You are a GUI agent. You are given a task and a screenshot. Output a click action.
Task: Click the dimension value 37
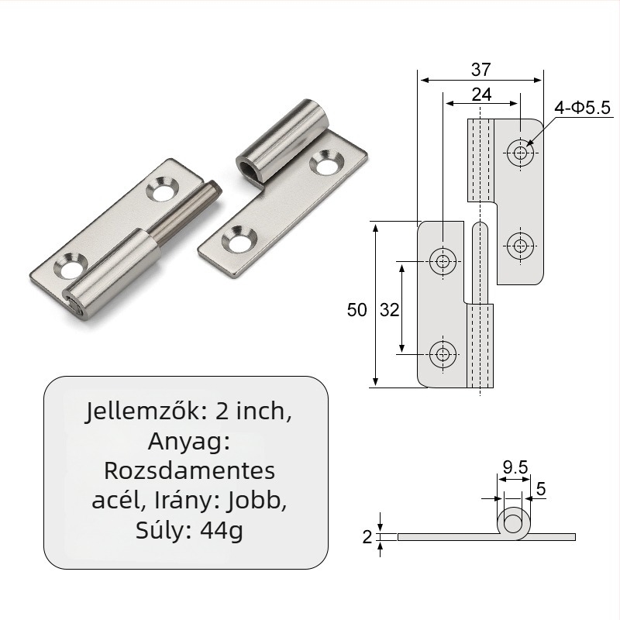[480, 70]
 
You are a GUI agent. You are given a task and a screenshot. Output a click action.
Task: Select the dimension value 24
[481, 95]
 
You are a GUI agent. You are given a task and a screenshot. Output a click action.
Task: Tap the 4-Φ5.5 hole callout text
[583, 108]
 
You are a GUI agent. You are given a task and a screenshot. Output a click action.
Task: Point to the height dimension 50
[356, 310]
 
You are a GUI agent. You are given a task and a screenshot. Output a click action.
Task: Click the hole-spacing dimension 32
[389, 310]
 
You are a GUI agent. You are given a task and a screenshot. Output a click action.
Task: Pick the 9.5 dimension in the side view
[515, 467]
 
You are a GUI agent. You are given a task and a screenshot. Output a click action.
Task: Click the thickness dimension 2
[367, 536]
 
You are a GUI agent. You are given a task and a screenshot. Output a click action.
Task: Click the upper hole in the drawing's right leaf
[520, 153]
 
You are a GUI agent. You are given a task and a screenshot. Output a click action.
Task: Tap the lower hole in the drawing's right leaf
[520, 246]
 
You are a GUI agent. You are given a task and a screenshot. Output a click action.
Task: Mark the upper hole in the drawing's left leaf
[443, 261]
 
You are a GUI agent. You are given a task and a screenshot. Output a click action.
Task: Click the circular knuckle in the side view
[512, 523]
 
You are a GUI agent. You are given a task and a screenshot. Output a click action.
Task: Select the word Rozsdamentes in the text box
[188, 471]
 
